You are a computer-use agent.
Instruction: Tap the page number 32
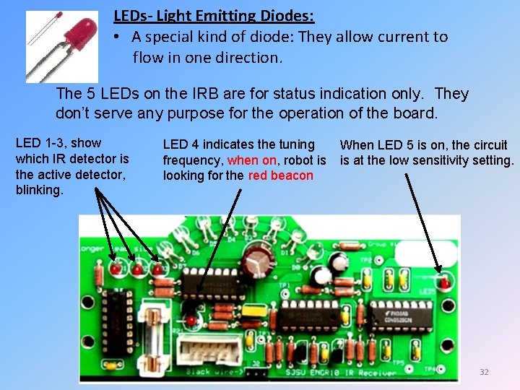[484, 372]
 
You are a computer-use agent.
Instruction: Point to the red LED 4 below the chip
[191, 319]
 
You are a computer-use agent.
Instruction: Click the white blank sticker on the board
[426, 253]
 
